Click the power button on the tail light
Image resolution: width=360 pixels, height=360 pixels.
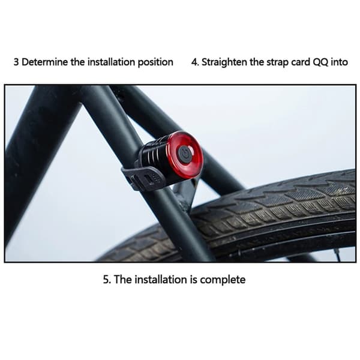click(x=184, y=154)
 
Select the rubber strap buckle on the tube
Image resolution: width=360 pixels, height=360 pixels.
click(x=143, y=178)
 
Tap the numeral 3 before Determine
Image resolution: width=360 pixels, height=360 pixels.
click(x=16, y=62)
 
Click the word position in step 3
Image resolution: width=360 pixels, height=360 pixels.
click(x=155, y=62)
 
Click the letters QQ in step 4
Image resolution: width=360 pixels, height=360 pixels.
click(x=320, y=62)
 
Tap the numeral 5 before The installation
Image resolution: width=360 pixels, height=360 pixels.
click(x=106, y=280)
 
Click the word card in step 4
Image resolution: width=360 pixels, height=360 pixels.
click(x=301, y=62)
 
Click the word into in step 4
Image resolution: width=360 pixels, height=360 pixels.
click(x=340, y=62)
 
